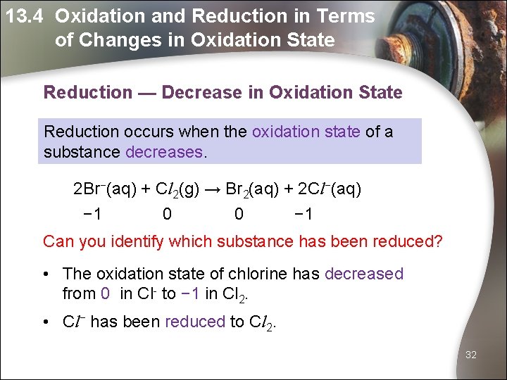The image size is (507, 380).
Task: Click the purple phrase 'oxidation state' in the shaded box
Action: pyautogui.click(x=306, y=131)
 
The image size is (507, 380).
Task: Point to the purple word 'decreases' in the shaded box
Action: pyautogui.click(x=165, y=151)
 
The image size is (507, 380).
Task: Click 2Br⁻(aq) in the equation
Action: pyautogui.click(x=105, y=189)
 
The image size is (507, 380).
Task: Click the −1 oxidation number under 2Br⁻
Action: pyautogui.click(x=91, y=213)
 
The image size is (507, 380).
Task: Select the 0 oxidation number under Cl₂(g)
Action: pyautogui.click(x=166, y=213)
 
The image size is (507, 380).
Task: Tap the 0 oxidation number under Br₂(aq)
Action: pyautogui.click(x=239, y=213)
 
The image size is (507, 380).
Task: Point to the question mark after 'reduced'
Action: pyautogui.click(x=439, y=242)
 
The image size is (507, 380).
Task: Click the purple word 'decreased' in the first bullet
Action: pyautogui.click(x=364, y=274)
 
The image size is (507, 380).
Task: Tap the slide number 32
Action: pyautogui.click(x=470, y=355)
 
